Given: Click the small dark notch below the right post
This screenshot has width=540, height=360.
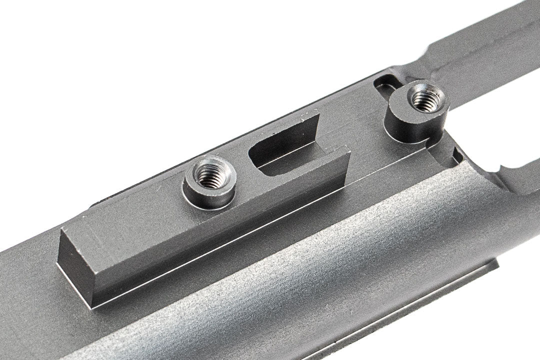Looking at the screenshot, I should (x=456, y=155).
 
